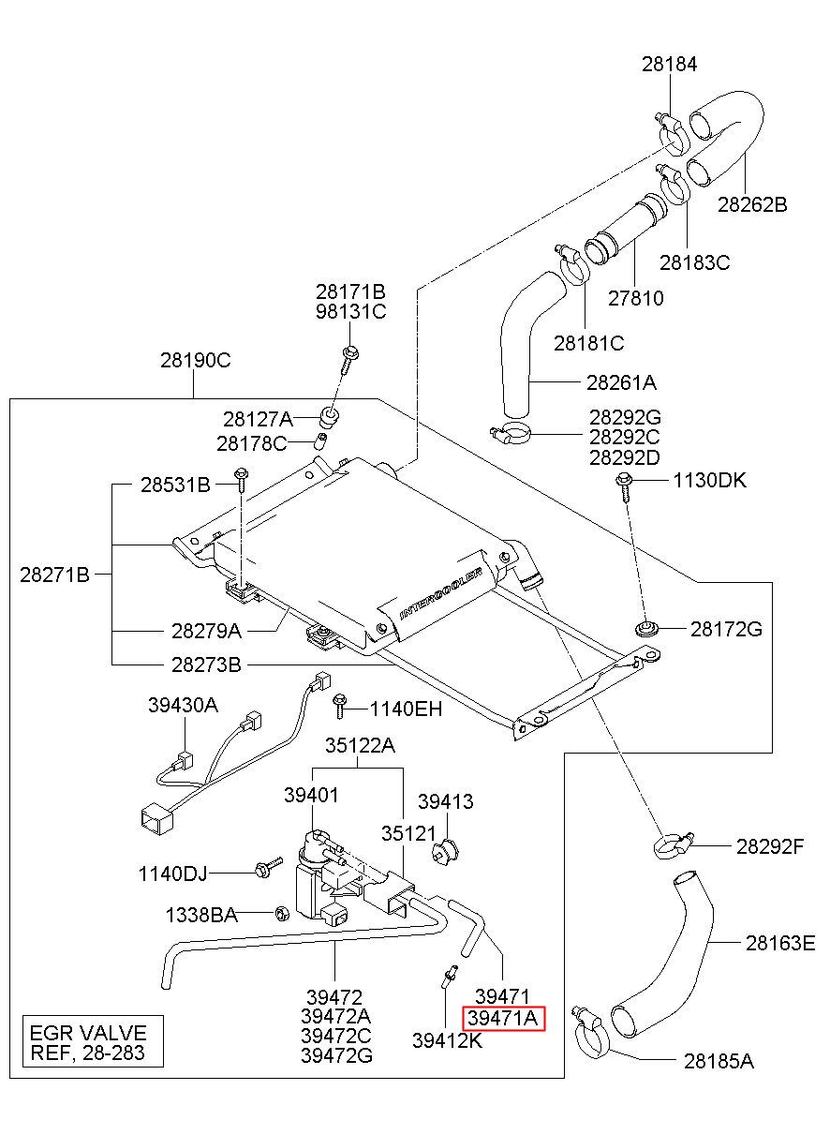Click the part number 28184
pos(669,65)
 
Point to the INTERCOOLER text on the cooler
pos(440,594)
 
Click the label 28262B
pos(752,204)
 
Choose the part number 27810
pos(635,298)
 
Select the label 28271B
pos(54,575)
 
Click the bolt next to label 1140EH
pos(339,707)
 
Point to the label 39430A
pos(183,705)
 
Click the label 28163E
pos(780,943)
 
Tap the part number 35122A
pos(360,745)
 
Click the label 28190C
pos(196,360)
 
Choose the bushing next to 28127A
pos(330,416)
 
